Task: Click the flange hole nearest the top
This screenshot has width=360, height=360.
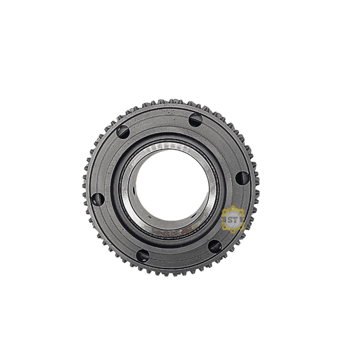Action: coord(196,120)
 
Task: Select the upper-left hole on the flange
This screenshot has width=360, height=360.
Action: coord(123,132)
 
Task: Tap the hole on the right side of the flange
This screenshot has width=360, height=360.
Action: coord(242,178)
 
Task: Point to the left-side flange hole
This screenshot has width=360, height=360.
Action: coord(98,199)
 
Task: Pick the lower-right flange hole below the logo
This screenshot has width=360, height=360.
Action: coord(215,246)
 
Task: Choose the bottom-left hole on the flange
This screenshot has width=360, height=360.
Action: coord(143,256)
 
